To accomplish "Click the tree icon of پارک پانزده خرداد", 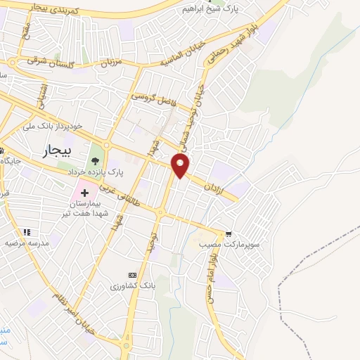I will click(x=95, y=161).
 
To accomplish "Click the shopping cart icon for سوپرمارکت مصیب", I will click(x=228, y=233).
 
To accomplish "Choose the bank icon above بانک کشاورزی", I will click(x=131, y=275).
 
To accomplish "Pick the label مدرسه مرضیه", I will click(x=27, y=243).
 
